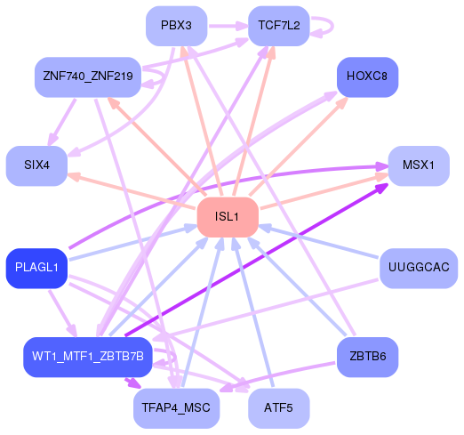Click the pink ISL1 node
227,218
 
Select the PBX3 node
176,26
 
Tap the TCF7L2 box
279,26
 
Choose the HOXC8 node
367,77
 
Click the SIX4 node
36,165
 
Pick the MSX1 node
418,165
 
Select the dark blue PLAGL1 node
36,268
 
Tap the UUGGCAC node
418,268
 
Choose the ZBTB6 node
367,357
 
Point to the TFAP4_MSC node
176,407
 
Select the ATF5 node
279,407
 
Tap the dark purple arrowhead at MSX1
381,189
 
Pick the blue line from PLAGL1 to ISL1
133,244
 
